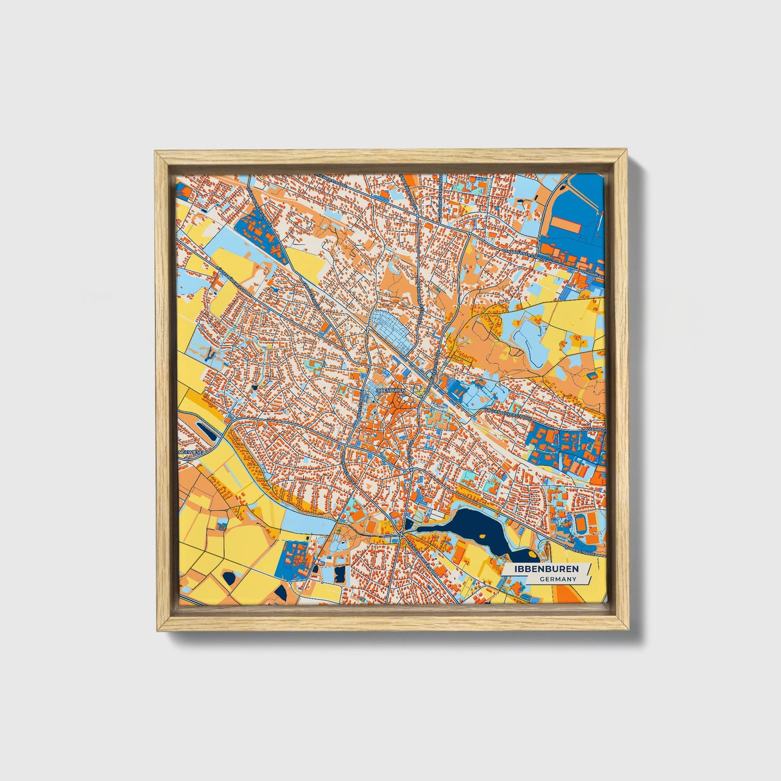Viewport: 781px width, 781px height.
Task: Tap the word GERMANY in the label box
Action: click(x=558, y=579)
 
